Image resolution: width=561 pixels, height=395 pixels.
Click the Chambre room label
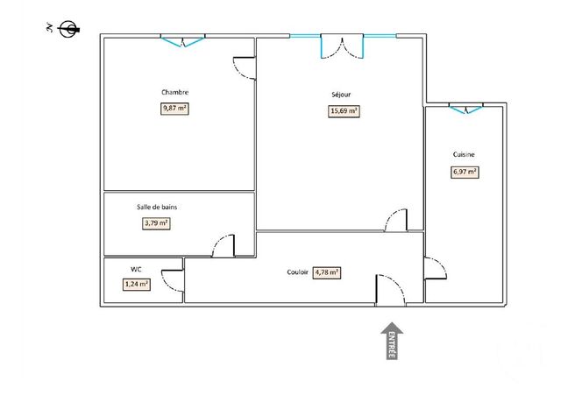[174, 92]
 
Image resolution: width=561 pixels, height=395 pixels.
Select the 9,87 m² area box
[174, 109]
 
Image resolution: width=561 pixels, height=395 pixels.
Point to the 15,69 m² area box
[343, 111]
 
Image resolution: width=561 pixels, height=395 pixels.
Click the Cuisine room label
[464, 154]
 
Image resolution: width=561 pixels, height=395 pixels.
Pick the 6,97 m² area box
[465, 172]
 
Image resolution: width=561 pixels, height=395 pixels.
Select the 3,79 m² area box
[156, 223]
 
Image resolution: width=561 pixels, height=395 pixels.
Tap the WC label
[136, 269]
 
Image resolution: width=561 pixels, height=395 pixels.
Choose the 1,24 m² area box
[136, 284]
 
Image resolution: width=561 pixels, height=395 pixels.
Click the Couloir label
[297, 272]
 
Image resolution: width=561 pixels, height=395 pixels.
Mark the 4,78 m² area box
[326, 272]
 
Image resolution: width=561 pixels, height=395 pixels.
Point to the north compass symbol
[66, 29]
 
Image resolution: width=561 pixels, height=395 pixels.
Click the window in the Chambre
[183, 39]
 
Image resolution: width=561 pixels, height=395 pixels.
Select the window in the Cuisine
[465, 109]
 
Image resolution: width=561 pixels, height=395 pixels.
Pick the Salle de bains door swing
[224, 245]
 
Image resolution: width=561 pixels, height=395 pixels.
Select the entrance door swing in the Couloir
[388, 290]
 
